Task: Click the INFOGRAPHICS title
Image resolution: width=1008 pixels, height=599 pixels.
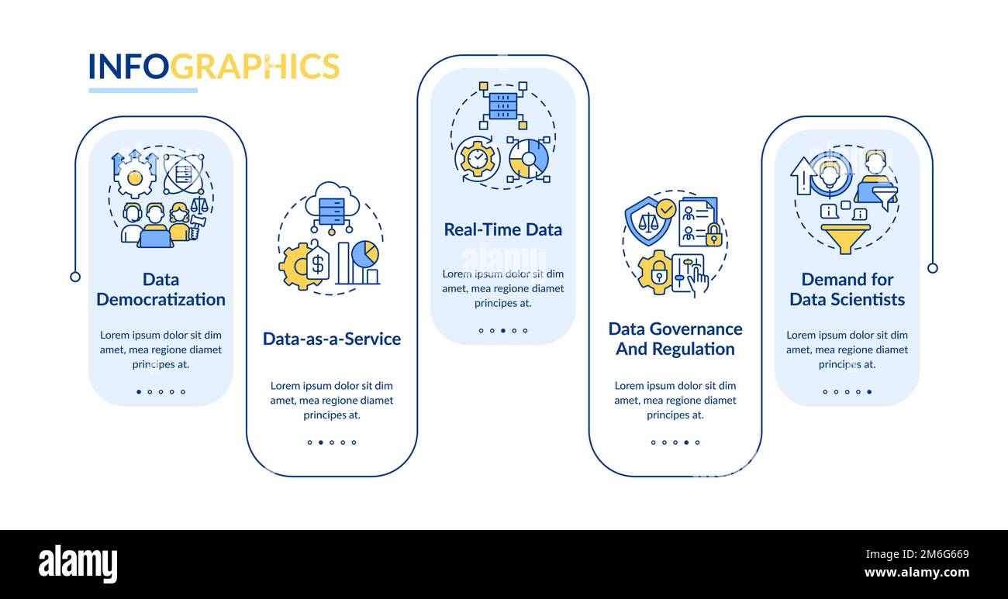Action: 214,67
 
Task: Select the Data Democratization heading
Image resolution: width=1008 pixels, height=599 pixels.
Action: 161,289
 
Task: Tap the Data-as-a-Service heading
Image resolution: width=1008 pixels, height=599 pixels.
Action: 332,339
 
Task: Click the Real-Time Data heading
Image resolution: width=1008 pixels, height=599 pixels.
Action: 502,229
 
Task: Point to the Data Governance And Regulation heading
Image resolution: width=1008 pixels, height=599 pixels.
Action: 675,339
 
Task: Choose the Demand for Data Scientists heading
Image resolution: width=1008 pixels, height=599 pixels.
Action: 847,289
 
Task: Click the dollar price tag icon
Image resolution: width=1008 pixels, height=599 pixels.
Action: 317,263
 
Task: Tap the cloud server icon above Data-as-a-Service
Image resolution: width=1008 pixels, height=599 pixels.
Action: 332,205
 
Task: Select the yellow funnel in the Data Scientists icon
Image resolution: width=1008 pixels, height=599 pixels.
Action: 845,237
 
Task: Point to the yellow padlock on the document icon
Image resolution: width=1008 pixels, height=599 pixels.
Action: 713,236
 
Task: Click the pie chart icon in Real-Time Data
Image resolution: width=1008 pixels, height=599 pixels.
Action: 529,159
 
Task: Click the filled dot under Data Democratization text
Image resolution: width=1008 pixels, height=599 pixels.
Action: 139,392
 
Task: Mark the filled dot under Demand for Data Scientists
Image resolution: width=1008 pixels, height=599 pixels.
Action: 869,392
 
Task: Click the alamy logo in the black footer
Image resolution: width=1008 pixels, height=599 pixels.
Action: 78,564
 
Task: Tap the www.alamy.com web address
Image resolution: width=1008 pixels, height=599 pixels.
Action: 917,573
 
